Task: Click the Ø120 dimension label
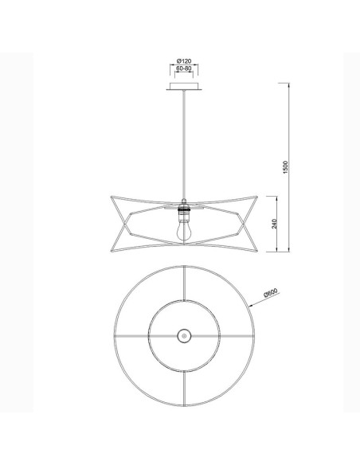[184, 61]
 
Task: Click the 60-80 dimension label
[184, 68]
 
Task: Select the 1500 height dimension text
[285, 167]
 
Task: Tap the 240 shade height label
[274, 224]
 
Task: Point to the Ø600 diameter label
[271, 293]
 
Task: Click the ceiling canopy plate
[184, 86]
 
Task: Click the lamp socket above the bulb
[184, 212]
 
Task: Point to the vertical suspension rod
[184, 144]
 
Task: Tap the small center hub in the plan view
[184, 336]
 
